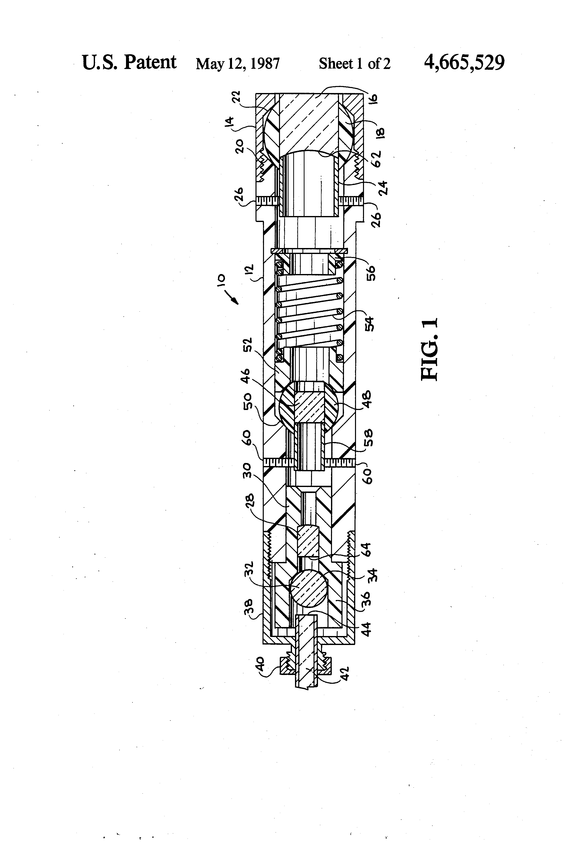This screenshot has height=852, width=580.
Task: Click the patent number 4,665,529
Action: click(x=464, y=63)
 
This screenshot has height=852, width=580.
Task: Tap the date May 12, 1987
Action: click(x=237, y=64)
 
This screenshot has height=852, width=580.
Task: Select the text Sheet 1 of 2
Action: click(x=354, y=64)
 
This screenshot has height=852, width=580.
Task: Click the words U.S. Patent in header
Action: click(x=129, y=62)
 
